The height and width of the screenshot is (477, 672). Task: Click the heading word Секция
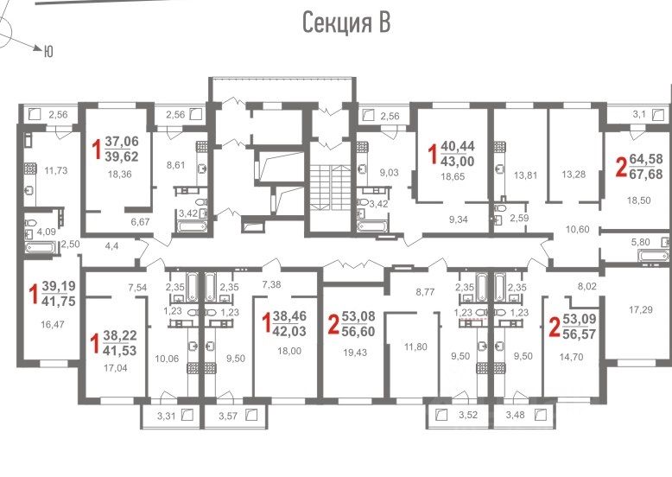tap(337, 22)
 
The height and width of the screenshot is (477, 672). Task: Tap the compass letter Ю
tap(48, 52)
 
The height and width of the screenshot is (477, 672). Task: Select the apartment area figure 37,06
tap(122, 141)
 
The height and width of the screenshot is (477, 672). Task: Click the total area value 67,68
tap(646, 174)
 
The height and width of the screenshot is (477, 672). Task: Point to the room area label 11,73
tap(56, 170)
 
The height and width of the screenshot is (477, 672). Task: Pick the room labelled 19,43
tap(355, 353)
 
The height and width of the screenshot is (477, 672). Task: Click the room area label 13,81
tap(525, 175)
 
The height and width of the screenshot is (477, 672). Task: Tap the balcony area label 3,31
tap(167, 416)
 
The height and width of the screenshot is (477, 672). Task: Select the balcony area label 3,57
tap(228, 416)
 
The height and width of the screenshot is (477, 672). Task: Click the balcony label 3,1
tap(638, 114)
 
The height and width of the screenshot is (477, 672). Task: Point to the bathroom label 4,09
tap(47, 232)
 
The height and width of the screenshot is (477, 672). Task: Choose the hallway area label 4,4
tap(111, 246)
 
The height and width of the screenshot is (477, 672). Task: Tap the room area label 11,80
tap(415, 347)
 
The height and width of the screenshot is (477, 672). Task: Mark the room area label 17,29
tap(641, 309)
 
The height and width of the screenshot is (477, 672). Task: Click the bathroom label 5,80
tap(640, 242)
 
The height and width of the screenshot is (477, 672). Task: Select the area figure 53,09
tap(582, 319)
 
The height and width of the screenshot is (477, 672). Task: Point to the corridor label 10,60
tap(577, 229)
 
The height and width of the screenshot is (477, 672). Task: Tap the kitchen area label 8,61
tap(175, 164)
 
